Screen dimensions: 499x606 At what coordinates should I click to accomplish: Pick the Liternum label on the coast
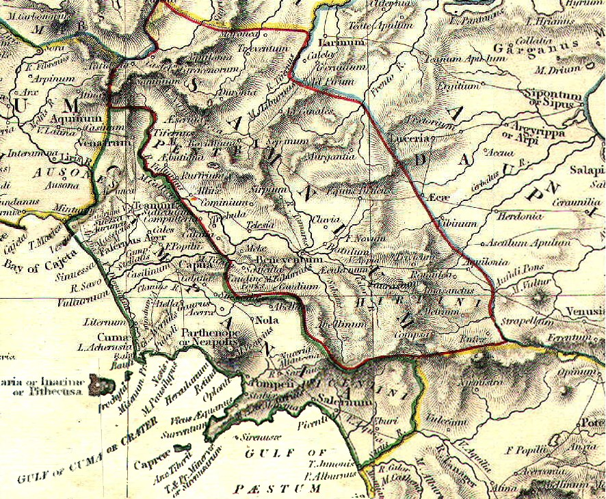coord(96,321)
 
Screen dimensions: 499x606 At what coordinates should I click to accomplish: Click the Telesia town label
coord(260,224)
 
